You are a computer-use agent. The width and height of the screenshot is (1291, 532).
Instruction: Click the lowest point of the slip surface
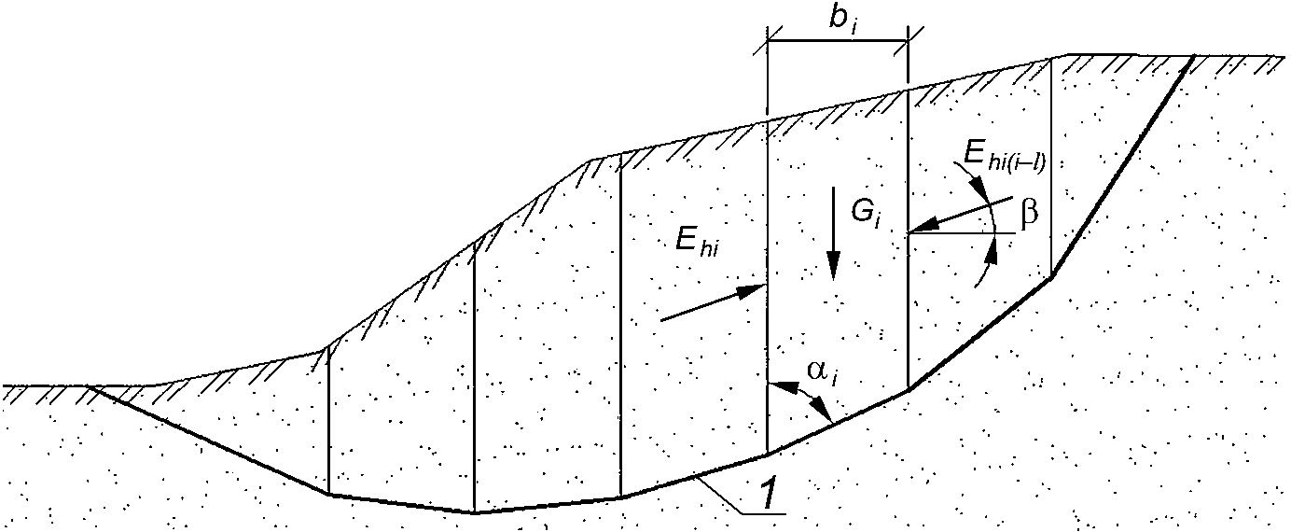click(474, 512)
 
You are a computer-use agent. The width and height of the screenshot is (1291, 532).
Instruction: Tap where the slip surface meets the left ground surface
click(88, 385)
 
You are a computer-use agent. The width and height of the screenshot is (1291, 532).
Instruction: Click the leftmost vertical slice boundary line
click(328, 420)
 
